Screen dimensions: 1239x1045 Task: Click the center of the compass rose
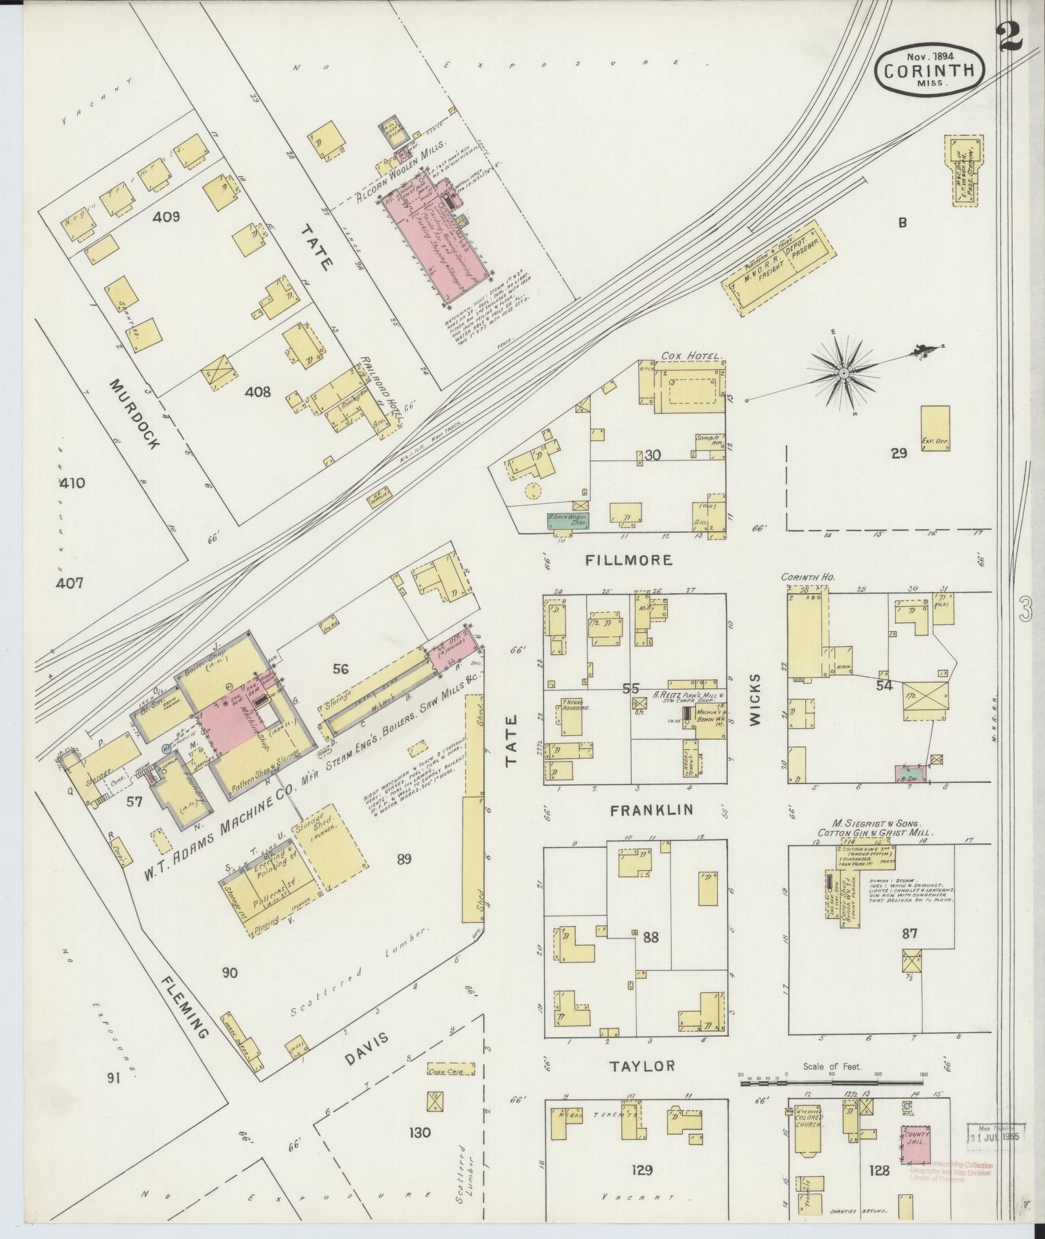coord(844,374)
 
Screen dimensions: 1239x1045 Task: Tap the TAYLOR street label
coord(644,1065)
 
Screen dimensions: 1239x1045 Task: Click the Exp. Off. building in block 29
coord(935,428)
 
